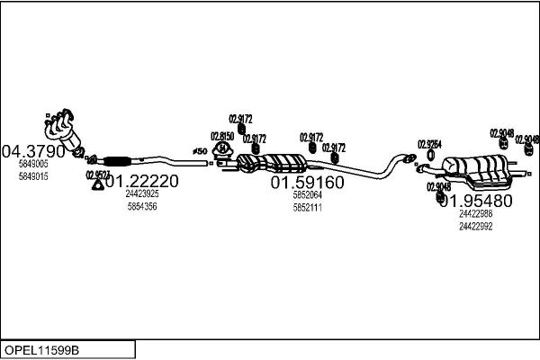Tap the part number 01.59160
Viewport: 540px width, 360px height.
click(307, 182)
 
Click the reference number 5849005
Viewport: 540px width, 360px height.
click(33, 165)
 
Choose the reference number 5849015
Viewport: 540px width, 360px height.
click(33, 176)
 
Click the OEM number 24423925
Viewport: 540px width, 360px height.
click(142, 194)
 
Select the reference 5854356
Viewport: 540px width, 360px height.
click(142, 207)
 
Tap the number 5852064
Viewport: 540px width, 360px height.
click(307, 194)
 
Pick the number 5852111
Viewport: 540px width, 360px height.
click(307, 207)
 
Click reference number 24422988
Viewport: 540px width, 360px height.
click(475, 214)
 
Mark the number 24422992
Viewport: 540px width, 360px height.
click(475, 227)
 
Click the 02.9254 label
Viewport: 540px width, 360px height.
click(429, 144)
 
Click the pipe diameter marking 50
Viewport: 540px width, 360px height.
click(201, 150)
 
